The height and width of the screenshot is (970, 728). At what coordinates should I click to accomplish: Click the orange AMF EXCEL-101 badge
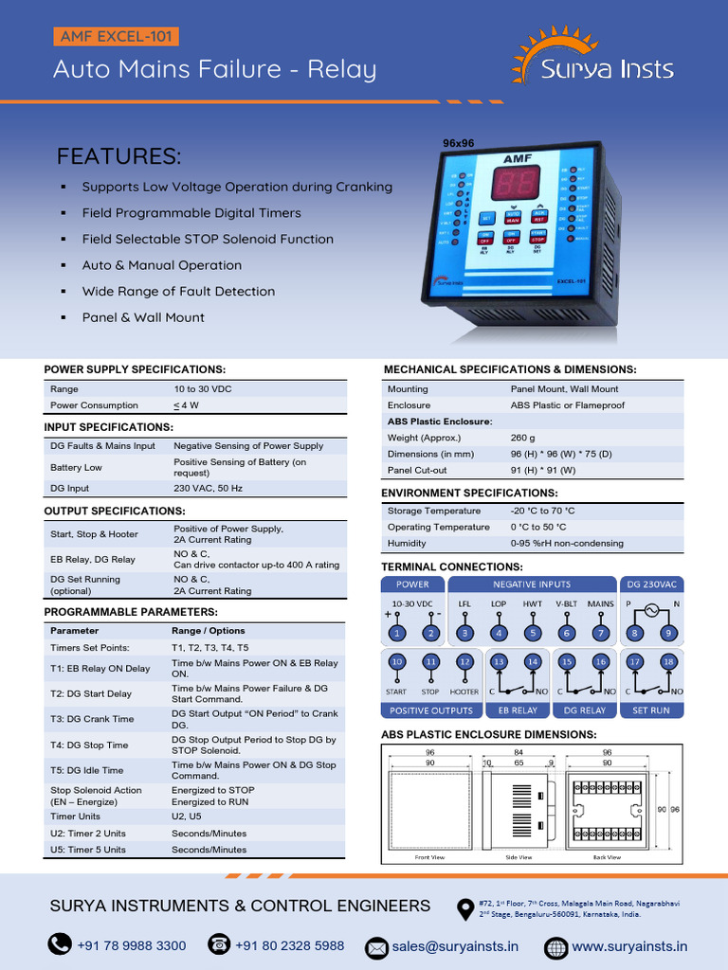[115, 38]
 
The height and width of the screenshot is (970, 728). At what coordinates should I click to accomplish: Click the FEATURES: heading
[118, 156]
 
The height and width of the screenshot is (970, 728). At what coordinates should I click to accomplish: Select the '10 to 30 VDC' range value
[202, 389]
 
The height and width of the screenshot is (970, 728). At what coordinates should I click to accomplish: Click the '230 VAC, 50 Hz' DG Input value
[208, 488]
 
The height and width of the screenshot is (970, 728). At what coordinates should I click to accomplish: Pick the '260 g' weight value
[522, 438]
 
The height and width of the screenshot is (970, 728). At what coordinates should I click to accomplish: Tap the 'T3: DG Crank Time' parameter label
[92, 719]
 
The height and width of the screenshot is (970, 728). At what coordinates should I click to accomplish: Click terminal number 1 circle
[396, 632]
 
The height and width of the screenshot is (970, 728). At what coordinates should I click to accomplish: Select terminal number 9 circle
[668, 632]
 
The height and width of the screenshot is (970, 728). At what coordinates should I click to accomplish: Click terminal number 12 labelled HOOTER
[464, 662]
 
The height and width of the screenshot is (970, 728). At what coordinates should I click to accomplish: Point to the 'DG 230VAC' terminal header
[651, 584]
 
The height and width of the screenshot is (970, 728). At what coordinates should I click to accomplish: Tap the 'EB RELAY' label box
[517, 710]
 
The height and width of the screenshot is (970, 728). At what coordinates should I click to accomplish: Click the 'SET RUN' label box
[651, 710]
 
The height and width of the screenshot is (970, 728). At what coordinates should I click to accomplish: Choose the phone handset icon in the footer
[61, 944]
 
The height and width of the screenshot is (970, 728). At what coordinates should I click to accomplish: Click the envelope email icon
[377, 946]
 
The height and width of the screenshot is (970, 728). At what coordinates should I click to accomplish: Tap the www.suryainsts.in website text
[629, 945]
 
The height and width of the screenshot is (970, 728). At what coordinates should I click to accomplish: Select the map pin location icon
[465, 908]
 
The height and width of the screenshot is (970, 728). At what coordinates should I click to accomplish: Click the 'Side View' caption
[519, 857]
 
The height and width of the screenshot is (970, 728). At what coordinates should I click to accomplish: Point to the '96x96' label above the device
[458, 143]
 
